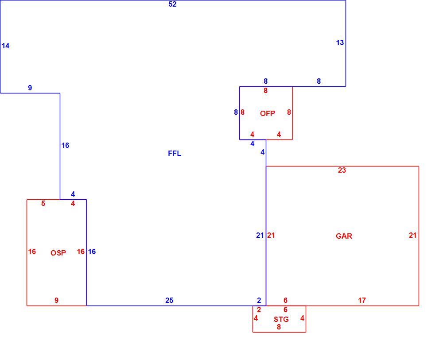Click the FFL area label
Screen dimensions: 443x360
(x=175, y=153)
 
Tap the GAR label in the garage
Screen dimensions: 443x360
(x=344, y=236)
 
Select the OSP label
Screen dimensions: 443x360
(x=58, y=253)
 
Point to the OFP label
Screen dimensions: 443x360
(x=267, y=113)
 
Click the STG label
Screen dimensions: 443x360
(x=281, y=319)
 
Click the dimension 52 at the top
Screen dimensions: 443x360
(x=172, y=4)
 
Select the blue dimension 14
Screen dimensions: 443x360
(x=6, y=46)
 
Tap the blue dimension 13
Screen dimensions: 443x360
(x=340, y=43)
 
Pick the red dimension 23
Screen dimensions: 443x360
(x=342, y=170)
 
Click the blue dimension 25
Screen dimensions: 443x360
(x=169, y=300)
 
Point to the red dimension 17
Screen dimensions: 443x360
(x=362, y=300)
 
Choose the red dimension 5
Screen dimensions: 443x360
(x=43, y=203)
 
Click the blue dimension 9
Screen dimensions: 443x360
(x=30, y=88)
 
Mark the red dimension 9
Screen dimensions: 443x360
(x=57, y=300)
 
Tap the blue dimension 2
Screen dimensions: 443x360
(x=259, y=300)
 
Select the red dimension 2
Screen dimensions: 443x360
(x=259, y=310)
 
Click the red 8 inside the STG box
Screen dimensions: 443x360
(x=279, y=327)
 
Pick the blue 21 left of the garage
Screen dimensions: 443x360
(x=260, y=235)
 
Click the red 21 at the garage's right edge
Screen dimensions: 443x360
(x=413, y=235)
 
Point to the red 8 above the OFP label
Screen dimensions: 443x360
(x=265, y=91)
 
